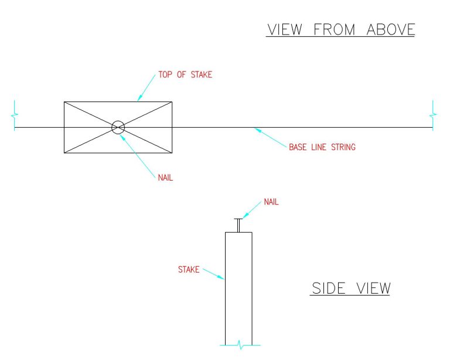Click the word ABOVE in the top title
pos(391,29)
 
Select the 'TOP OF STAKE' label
pos(185,75)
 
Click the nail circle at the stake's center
pos(118,127)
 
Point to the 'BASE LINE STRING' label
pos(322,147)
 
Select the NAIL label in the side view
pos(271,202)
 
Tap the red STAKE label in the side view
pos(189,270)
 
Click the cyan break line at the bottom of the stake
pos(239,346)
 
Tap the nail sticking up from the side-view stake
pos(238,225)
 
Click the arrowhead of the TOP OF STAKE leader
pos(138,100)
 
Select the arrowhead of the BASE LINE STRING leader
pos(255,128)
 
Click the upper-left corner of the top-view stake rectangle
pos(64,101)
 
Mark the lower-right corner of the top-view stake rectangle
pos(172,154)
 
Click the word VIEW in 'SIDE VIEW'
pos(372,288)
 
